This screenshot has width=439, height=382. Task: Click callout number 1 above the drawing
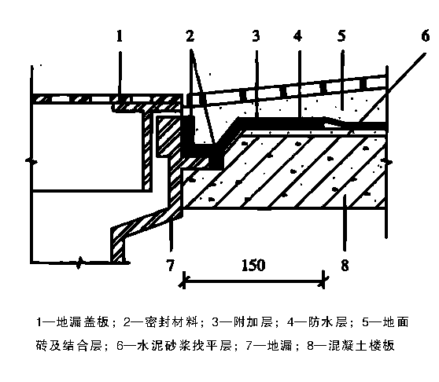120,36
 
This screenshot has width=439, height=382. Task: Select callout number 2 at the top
190,36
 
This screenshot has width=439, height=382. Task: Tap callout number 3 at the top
256,36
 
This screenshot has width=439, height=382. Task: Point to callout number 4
298,36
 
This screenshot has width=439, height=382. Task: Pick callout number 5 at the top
341,36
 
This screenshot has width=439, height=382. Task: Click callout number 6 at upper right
426,36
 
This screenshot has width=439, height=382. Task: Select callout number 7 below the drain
170,265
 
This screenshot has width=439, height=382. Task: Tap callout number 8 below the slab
345,265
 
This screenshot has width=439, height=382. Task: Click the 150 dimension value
253,265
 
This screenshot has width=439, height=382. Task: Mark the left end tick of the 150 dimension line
183,280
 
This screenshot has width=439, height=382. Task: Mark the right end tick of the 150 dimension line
324,280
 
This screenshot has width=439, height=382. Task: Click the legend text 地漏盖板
83,322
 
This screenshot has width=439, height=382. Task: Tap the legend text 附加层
253,322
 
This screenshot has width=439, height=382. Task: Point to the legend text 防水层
328,322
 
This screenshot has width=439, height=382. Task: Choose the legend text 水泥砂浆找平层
184,346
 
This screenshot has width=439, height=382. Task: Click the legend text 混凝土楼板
361,346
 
